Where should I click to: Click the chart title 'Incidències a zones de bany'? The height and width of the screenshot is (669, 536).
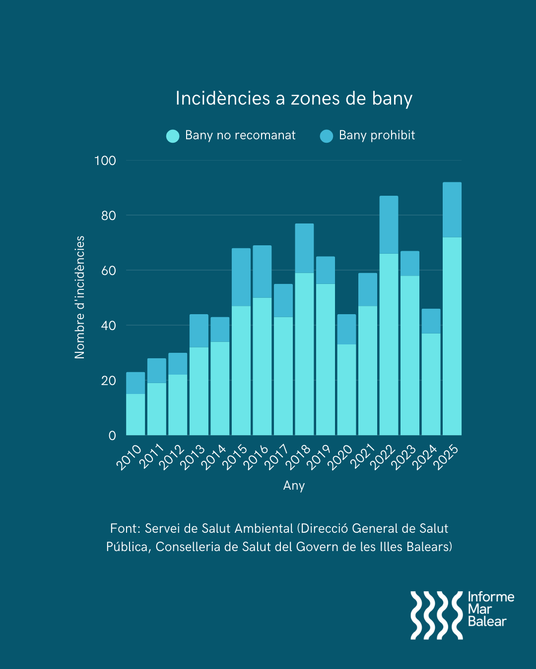click(294, 98)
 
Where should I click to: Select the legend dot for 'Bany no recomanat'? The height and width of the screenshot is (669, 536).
click(173, 136)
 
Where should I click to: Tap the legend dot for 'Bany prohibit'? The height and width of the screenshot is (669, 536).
click(327, 136)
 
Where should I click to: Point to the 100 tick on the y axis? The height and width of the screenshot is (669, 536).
click(105, 161)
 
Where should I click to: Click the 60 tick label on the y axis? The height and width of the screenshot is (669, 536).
click(108, 271)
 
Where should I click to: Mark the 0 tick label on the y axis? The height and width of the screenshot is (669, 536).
click(112, 436)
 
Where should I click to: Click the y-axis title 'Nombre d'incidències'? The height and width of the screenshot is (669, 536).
click(80, 297)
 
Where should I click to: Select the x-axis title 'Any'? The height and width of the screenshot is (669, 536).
click(294, 486)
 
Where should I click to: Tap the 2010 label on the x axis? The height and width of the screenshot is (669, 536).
click(129, 457)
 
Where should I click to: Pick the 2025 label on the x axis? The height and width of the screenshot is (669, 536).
click(446, 457)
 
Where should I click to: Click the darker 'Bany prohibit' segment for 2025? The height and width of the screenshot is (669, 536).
click(452, 210)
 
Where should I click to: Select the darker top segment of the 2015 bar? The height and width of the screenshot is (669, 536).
click(241, 277)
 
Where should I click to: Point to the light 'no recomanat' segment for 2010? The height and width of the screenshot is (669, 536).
click(135, 414)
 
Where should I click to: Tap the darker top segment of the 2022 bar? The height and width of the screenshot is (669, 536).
click(389, 224)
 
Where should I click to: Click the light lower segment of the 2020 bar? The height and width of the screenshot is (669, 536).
click(346, 390)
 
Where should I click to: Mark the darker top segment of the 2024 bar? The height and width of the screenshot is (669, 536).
click(431, 321)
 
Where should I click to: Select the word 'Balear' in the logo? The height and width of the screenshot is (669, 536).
click(487, 622)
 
